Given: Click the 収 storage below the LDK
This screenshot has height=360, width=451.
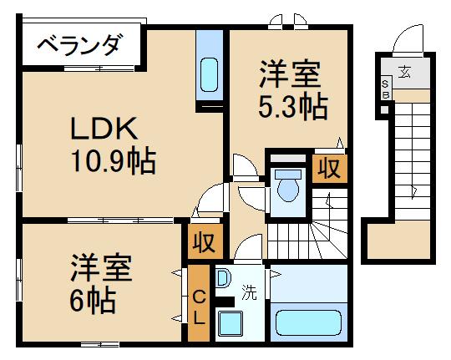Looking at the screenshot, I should pos(205,243).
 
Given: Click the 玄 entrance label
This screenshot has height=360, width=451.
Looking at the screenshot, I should pos(404,71).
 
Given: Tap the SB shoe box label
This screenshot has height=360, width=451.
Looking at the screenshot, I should pos(386,88).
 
